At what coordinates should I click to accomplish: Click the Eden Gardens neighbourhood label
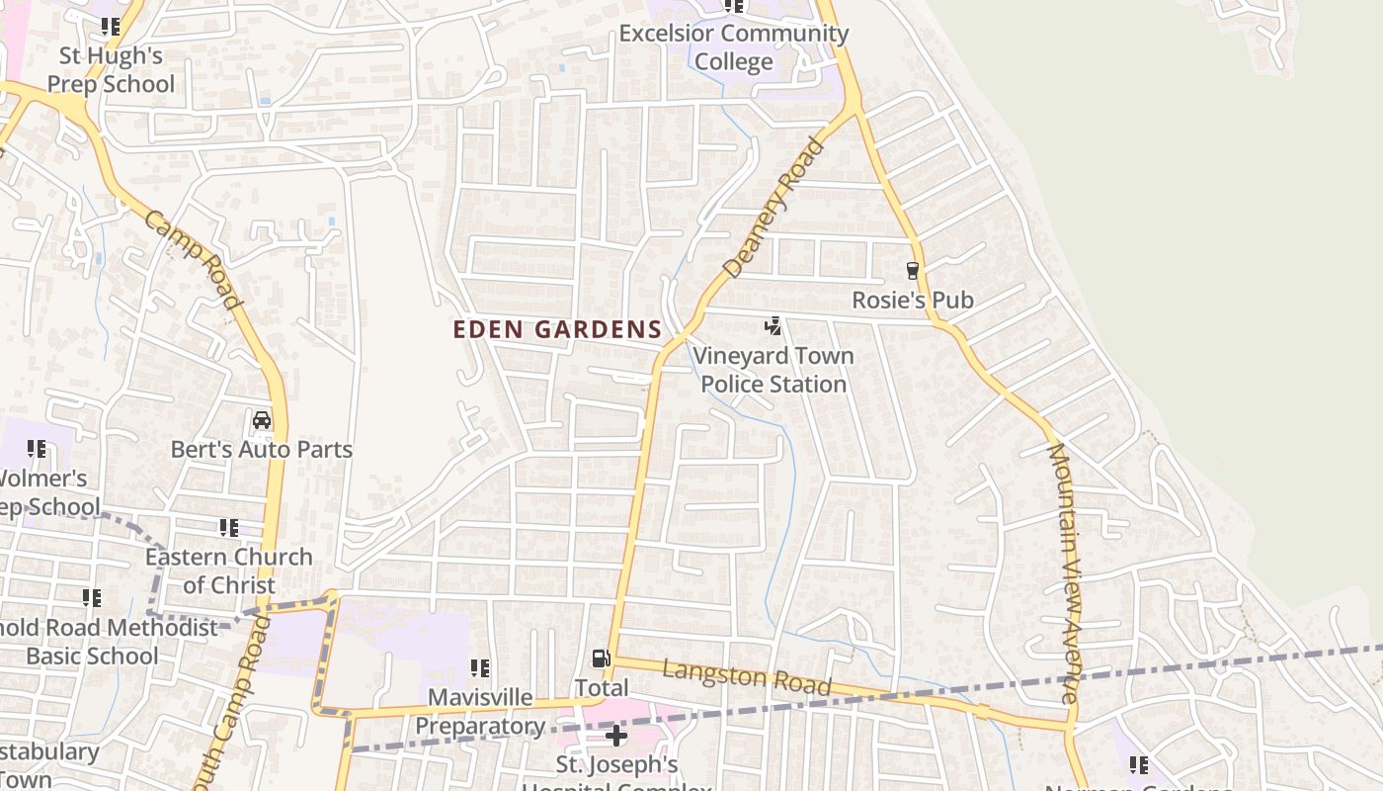[x=557, y=329]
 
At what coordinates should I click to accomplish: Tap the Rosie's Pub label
[x=913, y=300]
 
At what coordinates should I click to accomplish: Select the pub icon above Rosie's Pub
[x=913, y=270]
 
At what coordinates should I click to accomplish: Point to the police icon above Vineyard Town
[x=773, y=325]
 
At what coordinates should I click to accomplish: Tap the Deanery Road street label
[x=773, y=208]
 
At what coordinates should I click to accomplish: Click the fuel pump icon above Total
[x=600, y=659]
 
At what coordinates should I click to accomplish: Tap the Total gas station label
[x=601, y=687]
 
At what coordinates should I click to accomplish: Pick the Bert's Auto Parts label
[x=262, y=450]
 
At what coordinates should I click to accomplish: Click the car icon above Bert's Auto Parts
[x=262, y=420]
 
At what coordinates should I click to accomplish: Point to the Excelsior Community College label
[x=733, y=47]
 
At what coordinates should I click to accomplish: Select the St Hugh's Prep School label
[x=111, y=70]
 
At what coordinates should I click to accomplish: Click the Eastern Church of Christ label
[x=229, y=571]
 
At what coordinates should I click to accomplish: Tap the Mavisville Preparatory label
[x=480, y=712]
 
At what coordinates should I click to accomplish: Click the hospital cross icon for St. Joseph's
[x=616, y=735]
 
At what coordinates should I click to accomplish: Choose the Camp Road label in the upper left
[x=194, y=259]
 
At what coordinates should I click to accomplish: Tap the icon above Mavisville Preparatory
[x=480, y=668]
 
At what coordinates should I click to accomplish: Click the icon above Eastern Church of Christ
[x=229, y=528]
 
